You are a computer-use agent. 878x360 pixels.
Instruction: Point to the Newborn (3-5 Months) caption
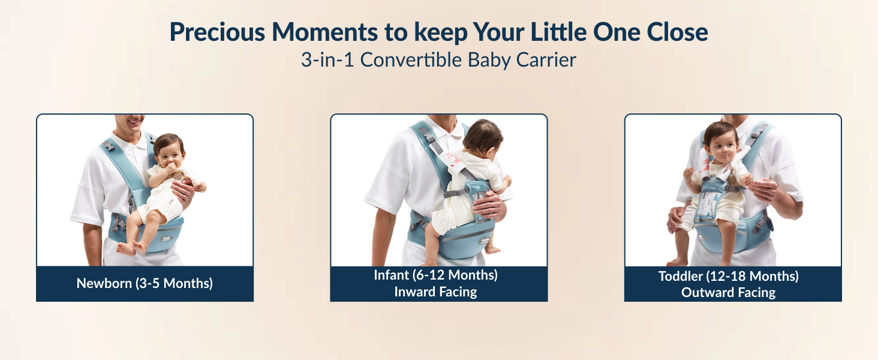tap(145, 283)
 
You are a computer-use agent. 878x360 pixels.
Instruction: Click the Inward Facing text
tap(435, 292)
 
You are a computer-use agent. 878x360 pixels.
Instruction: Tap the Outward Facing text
tap(728, 293)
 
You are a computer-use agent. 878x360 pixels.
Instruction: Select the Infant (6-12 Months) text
tap(435, 275)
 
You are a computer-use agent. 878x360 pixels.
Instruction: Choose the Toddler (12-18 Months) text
tap(728, 277)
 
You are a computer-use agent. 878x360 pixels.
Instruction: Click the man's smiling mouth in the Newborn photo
tap(133, 118)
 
